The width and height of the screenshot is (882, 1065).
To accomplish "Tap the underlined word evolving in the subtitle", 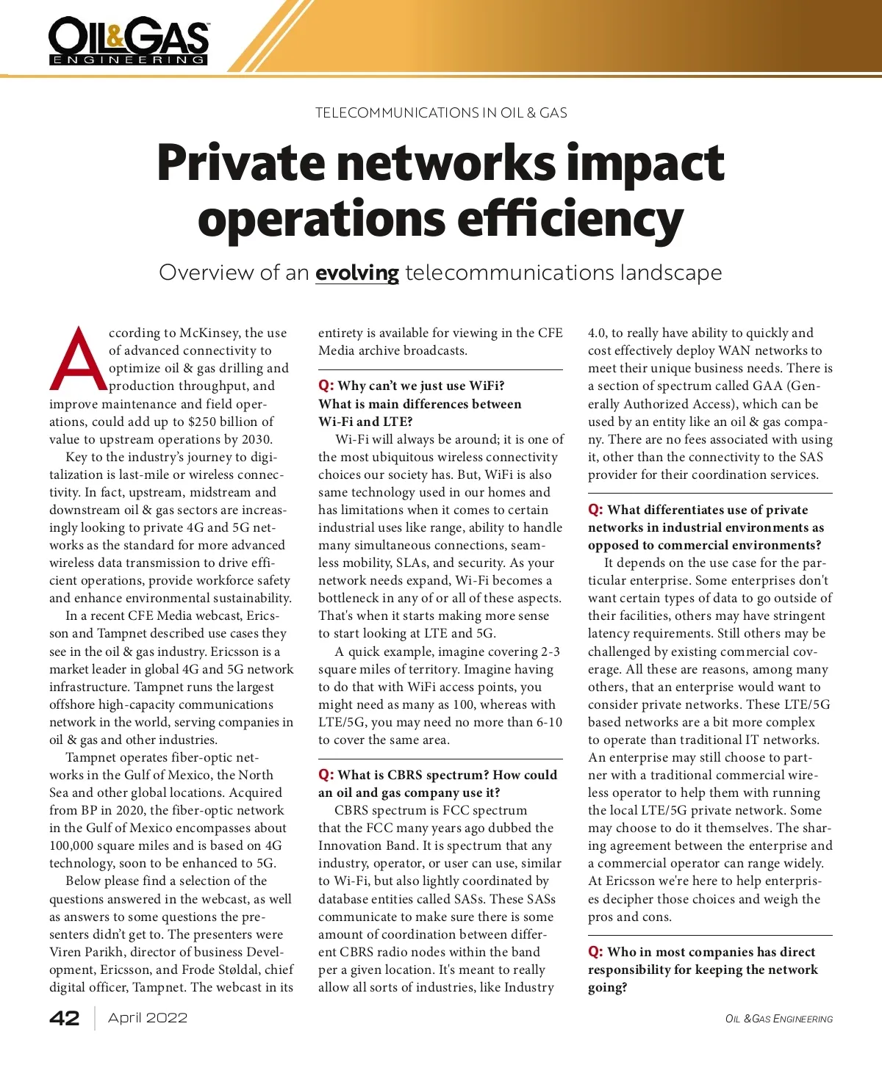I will (356, 273).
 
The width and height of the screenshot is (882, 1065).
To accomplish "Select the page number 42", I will (65, 1018).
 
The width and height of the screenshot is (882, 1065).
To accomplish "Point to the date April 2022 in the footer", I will (148, 1018).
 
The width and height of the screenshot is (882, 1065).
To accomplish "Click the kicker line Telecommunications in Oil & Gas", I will (441, 113).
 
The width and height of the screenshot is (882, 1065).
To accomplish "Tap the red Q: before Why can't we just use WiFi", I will (326, 386).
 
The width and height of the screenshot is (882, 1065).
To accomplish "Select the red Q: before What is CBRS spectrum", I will (326, 776).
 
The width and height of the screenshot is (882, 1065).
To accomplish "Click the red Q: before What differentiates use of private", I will (595, 510).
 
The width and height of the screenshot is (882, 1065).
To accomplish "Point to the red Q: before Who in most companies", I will (595, 953).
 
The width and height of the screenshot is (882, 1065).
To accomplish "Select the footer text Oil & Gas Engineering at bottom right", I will (779, 1019).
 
